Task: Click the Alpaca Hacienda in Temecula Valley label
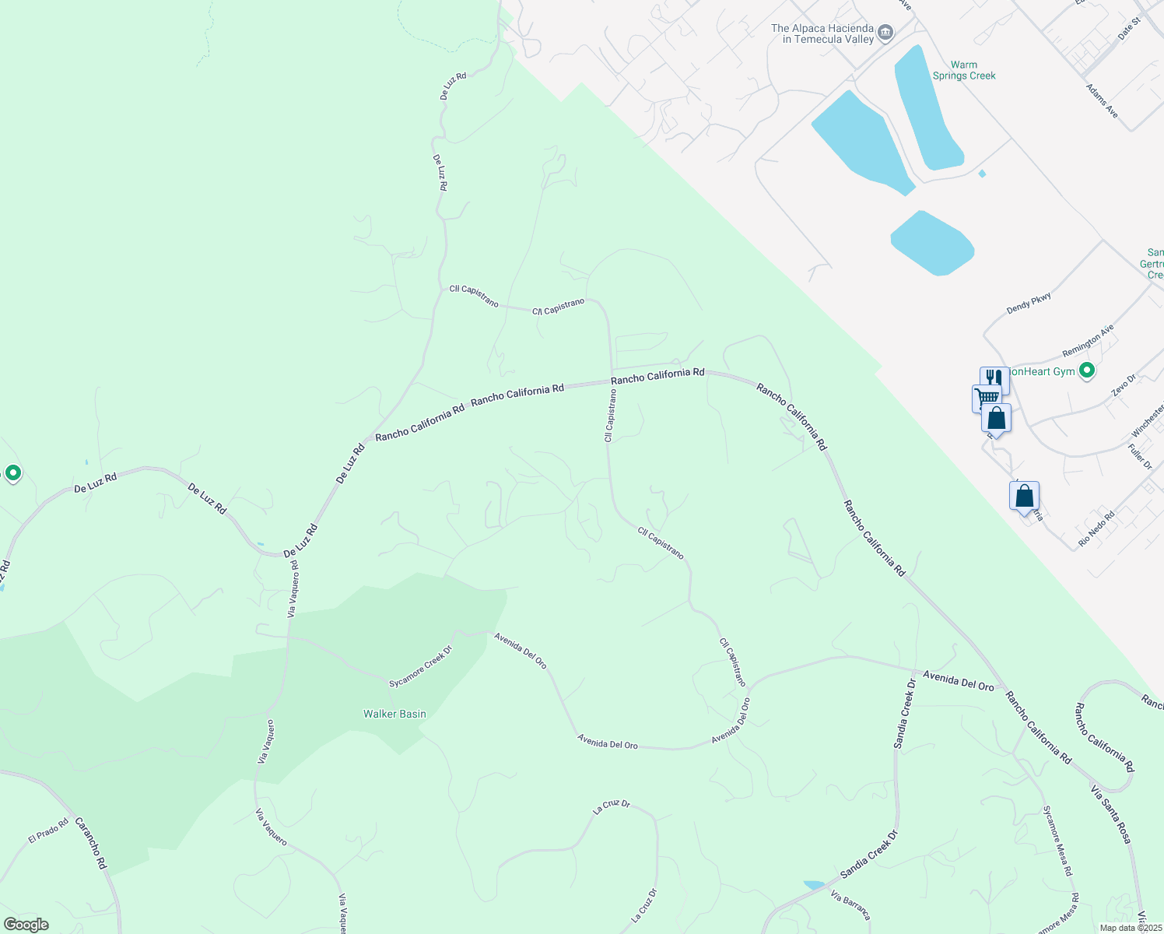pyautogui.click(x=822, y=33)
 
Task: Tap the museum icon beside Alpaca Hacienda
pyautogui.click(x=885, y=33)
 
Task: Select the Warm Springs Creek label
pyautogui.click(x=964, y=70)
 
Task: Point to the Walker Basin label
pyautogui.click(x=394, y=714)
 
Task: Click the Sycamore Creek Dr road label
pyautogui.click(x=420, y=667)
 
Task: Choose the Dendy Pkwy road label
pyautogui.click(x=1029, y=303)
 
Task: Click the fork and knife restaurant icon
pyautogui.click(x=994, y=378)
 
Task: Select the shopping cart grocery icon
pyautogui.click(x=986, y=398)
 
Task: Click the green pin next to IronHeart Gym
pyautogui.click(x=1087, y=371)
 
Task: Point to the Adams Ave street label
pyautogui.click(x=1102, y=101)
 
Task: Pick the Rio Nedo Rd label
pyautogui.click(x=1096, y=528)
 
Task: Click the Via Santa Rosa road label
pyautogui.click(x=1110, y=814)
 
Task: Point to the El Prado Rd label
pyautogui.click(x=48, y=830)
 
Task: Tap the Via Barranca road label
pyautogui.click(x=850, y=904)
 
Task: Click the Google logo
pyautogui.click(x=26, y=924)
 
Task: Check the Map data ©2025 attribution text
pyautogui.click(x=1131, y=927)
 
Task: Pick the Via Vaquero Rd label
pyautogui.click(x=293, y=589)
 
